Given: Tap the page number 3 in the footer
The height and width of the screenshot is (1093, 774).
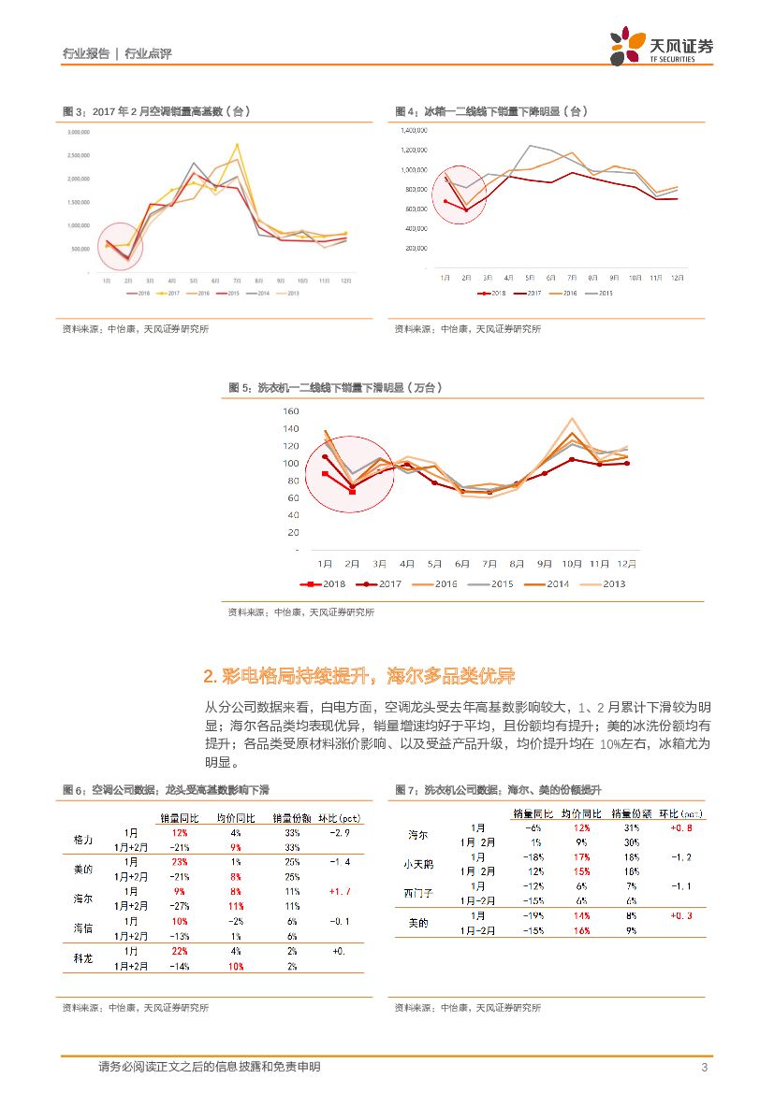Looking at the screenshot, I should coord(703,1068).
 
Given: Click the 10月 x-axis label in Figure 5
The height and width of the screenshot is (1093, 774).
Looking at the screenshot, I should coord(572,564).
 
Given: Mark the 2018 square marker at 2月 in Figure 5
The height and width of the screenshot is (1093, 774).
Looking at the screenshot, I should coord(353,491).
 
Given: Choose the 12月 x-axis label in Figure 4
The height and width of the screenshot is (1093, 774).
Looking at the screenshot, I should coord(677,277).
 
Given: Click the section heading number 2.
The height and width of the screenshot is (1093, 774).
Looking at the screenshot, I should coord(210,676).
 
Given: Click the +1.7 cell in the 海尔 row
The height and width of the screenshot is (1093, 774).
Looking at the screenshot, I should coord(339,892).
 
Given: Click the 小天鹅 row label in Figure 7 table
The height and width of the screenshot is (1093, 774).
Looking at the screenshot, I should coord(418,864).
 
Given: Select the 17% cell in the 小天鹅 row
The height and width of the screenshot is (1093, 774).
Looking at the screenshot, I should coord(580,856).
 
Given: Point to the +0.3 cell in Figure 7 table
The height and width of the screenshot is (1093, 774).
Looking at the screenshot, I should coord(680,916).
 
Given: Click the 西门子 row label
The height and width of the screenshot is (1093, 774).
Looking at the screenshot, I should coord(418,893).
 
